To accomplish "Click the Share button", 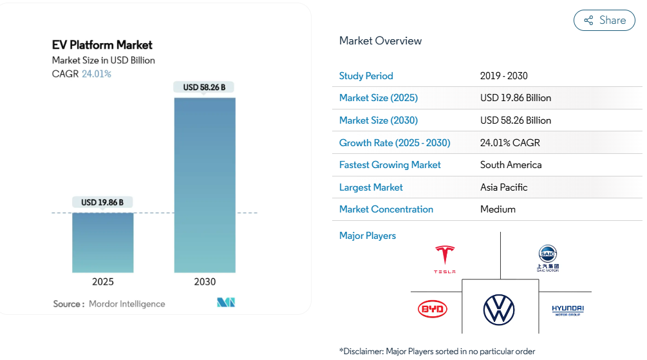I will [604, 20].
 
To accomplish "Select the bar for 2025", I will [102, 242].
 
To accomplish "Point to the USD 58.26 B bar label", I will [204, 87].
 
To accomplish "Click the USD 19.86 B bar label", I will [102, 202].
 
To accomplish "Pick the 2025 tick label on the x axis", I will [102, 281].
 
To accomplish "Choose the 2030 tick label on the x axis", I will [204, 281].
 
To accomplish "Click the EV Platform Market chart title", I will [102, 45].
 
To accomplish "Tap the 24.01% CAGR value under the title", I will [97, 74].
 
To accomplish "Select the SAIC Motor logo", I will [548, 258].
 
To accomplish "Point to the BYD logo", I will [432, 309].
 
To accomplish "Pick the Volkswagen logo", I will [499, 309].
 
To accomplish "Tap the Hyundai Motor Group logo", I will [568, 310].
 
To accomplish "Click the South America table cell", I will [511, 165].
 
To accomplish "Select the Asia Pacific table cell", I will [503, 187].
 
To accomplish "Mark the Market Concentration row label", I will [386, 209].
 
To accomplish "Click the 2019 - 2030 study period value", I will [503, 76].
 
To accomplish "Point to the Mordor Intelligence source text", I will [127, 304].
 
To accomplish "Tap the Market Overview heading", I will [380, 41].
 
